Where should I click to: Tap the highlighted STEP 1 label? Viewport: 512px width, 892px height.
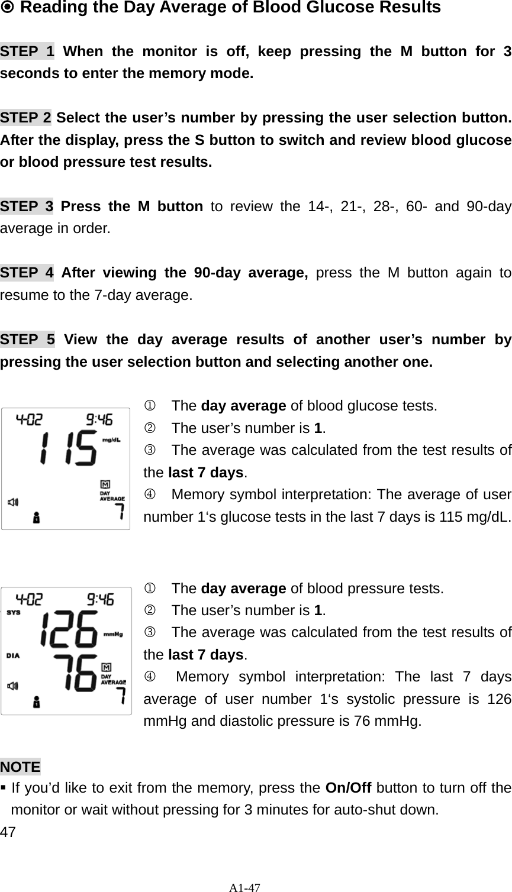[27, 51]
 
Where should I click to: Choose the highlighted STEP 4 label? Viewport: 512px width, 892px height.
[27, 273]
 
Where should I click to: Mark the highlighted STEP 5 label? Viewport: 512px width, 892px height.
[27, 340]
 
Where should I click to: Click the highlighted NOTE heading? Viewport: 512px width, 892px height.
[21, 767]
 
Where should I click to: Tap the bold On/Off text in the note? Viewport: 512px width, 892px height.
[349, 788]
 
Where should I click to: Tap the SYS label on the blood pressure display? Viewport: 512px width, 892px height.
[14, 613]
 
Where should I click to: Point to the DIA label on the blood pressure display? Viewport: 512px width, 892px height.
[14, 655]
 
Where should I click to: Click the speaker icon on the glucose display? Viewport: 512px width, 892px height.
[13, 502]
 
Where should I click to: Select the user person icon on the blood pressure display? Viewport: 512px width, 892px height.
[37, 702]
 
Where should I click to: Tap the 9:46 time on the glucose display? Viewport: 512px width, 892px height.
[99, 421]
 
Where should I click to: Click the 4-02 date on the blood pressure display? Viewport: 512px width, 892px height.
[28, 600]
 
